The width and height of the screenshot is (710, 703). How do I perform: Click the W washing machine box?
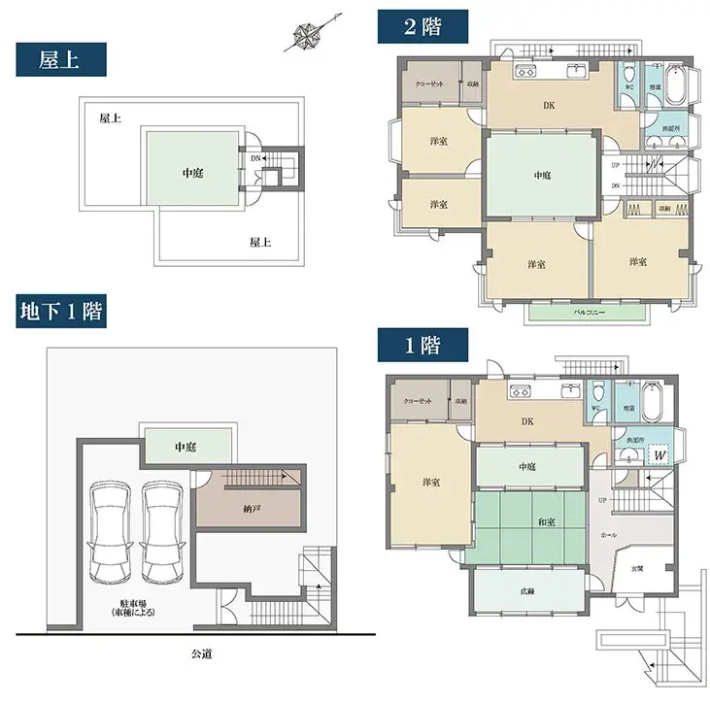pos(659,453)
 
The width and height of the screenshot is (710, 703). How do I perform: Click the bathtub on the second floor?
pos(676,84)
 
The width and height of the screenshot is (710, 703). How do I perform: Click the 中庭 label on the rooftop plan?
pos(191,173)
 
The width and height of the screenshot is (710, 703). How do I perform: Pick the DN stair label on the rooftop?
pos(254,158)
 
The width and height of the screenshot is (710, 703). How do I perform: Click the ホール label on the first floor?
pos(609,535)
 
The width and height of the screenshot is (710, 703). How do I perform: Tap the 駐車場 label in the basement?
pos(129,608)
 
